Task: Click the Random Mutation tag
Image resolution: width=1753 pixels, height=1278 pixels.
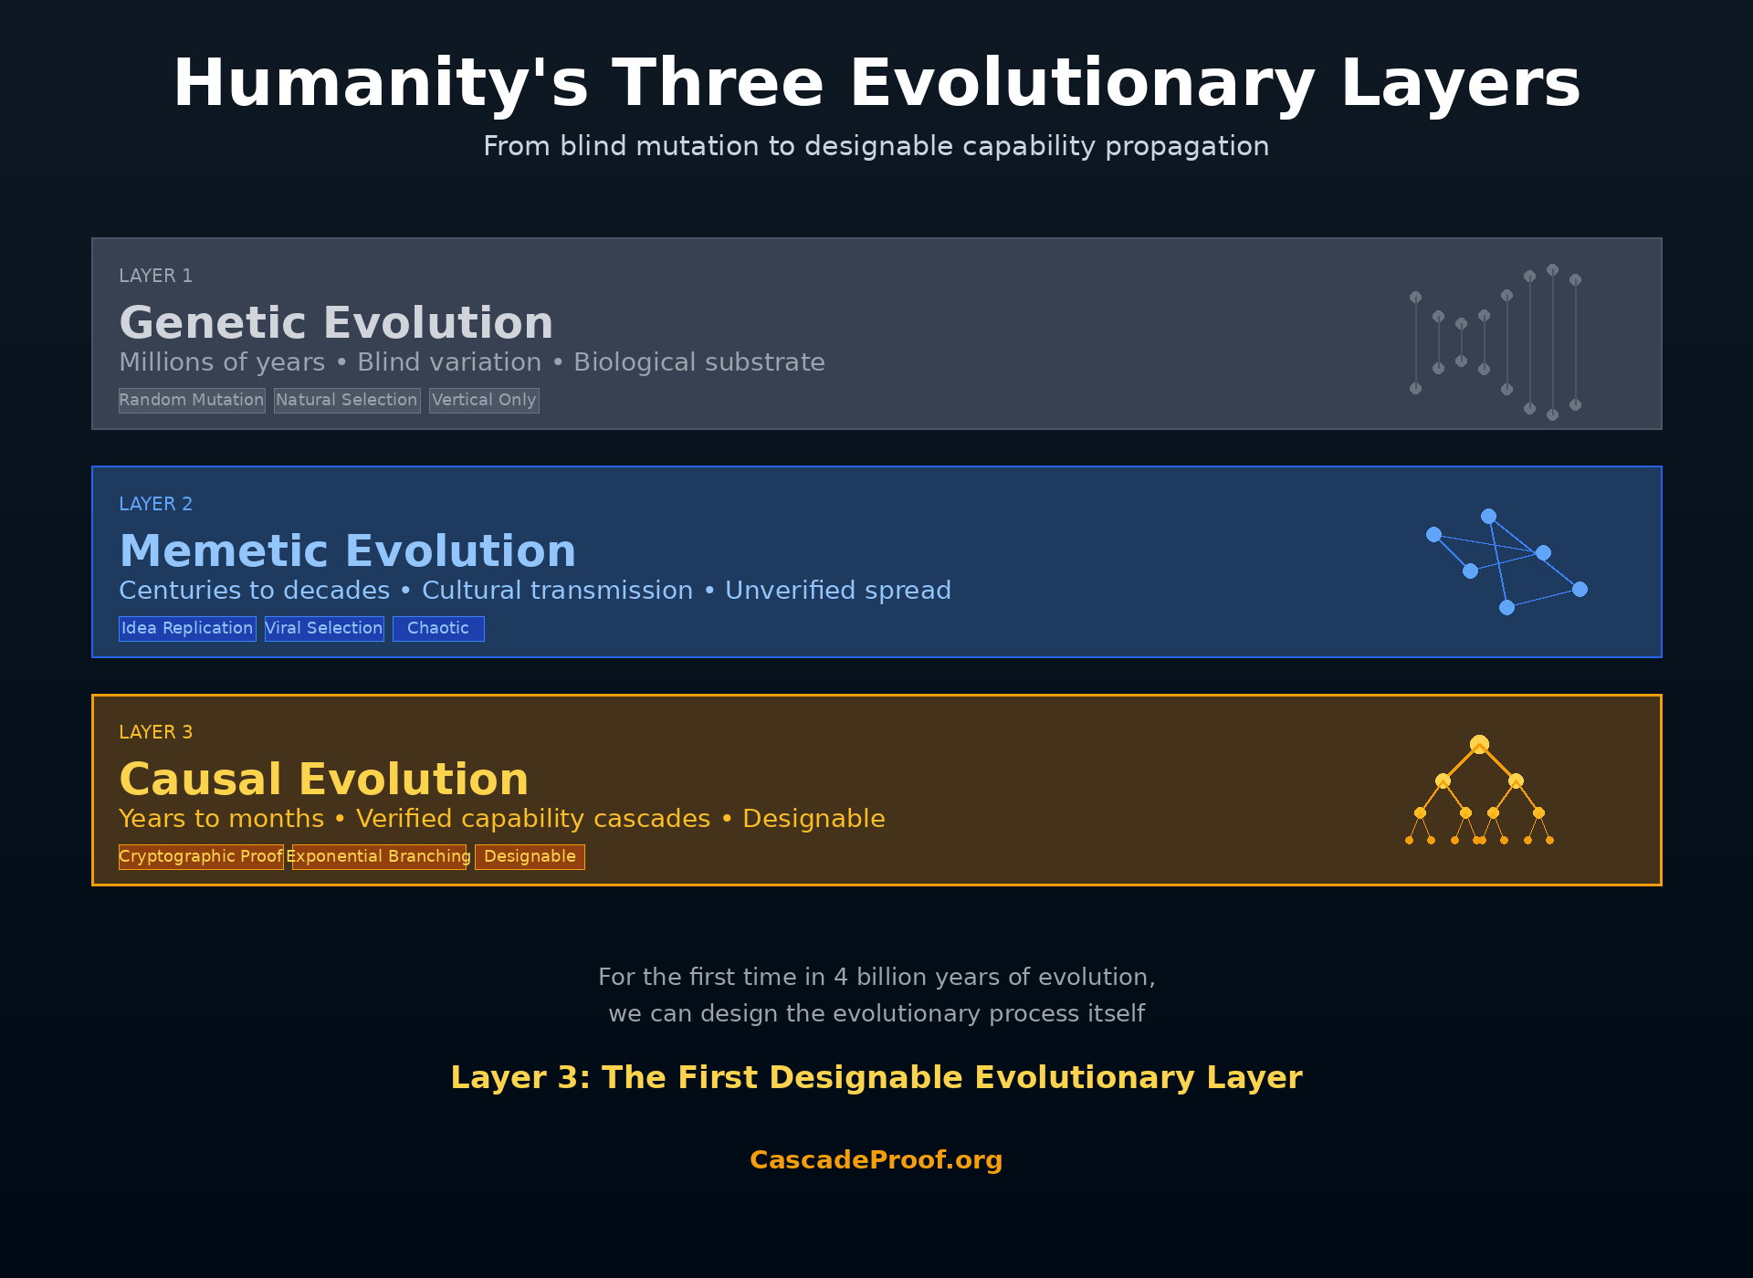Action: [192, 400]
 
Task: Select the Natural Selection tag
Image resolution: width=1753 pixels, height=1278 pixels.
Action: [347, 400]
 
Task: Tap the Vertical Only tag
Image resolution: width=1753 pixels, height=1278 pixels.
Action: [484, 400]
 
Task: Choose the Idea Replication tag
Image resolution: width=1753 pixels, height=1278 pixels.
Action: [187, 628]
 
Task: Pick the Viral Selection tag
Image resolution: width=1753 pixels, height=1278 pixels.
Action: [324, 628]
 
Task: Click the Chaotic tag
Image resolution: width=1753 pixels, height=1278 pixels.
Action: [438, 628]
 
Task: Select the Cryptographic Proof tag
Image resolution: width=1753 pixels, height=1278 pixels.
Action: [201, 856]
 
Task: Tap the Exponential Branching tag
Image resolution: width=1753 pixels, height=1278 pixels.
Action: [379, 856]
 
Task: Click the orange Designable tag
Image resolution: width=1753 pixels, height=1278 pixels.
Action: [530, 856]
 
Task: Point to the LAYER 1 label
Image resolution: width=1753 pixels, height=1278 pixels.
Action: [155, 276]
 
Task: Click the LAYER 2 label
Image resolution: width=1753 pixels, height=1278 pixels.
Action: [155, 504]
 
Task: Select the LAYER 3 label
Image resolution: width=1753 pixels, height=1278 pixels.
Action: [155, 732]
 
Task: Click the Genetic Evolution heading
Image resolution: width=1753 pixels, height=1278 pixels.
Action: [336, 323]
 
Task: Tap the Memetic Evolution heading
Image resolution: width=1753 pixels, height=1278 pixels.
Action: [347, 551]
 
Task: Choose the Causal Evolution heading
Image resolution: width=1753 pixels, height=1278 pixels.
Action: [324, 780]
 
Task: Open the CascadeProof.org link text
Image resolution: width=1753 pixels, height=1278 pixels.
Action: [876, 1159]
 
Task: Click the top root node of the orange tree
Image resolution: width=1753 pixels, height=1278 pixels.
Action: [1479, 744]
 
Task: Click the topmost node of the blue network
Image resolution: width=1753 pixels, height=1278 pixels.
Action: [1488, 516]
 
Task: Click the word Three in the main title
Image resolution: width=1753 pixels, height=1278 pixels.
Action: [719, 83]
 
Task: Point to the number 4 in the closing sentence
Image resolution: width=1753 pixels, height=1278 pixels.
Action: [841, 977]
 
